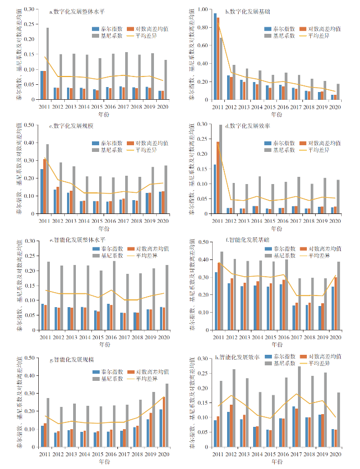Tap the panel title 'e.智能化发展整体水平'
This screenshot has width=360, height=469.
coord(74,241)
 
